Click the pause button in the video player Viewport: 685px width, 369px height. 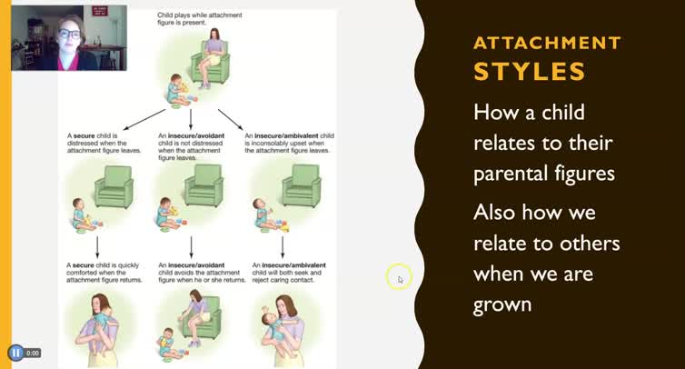pos(15,353)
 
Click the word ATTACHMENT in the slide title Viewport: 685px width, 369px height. pos(547,43)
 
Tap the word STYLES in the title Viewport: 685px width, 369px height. pos(518,71)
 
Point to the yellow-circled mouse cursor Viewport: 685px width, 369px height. pos(399,278)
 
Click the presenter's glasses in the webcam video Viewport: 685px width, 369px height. pos(69,34)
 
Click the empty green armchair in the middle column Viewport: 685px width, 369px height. pos(204,185)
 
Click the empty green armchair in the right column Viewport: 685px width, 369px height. pos(300,185)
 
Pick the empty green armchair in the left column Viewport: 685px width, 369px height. pos(114,185)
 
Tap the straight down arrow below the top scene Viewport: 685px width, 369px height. pos(191,119)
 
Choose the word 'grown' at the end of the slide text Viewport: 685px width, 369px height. pos(502,304)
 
